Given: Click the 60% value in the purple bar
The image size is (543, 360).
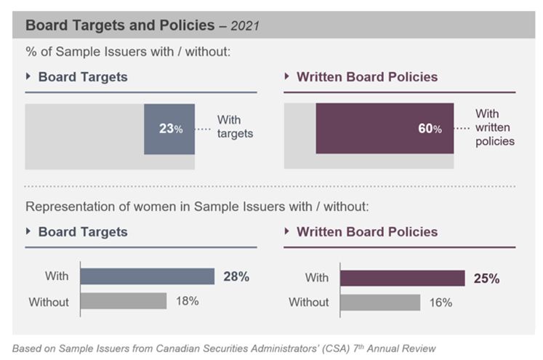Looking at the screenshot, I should click(x=429, y=129).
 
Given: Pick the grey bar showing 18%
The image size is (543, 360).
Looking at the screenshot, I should click(x=123, y=300).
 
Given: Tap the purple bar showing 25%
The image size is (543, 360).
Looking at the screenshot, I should click(x=402, y=278).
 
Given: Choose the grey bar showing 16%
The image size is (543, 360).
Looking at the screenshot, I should click(x=380, y=302).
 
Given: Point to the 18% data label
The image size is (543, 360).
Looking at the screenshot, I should click(x=187, y=300).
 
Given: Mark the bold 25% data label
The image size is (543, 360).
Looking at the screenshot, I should click(x=487, y=278).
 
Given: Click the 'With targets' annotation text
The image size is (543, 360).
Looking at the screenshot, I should click(x=233, y=127).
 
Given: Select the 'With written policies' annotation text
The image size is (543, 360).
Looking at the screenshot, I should click(x=494, y=128).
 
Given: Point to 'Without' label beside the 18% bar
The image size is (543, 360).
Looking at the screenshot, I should click(x=49, y=300).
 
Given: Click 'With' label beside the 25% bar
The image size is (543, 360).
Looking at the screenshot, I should click(x=317, y=278).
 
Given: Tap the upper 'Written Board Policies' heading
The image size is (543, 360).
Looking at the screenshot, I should click(x=367, y=77).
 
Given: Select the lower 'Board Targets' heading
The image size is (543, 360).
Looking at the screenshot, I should click(x=83, y=232).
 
